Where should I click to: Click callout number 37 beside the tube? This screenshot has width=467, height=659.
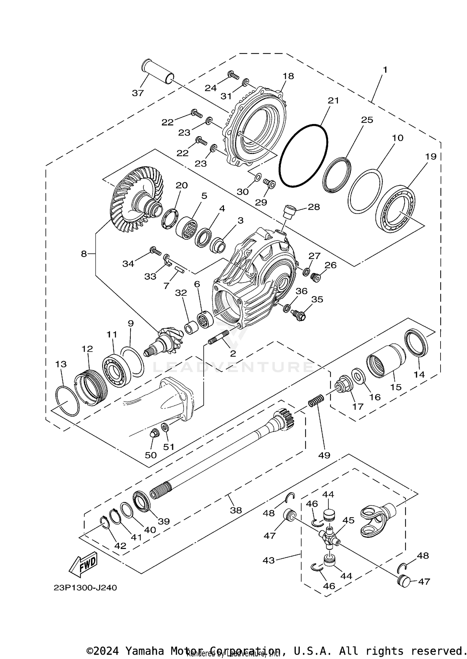(138, 93)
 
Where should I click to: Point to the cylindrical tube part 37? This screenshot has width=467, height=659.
(158, 72)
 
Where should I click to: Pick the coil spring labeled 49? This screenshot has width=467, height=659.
(316, 400)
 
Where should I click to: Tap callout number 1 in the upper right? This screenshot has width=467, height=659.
(385, 70)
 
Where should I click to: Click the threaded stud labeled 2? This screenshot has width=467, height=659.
(218, 339)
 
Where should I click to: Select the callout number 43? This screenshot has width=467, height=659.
(268, 561)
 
